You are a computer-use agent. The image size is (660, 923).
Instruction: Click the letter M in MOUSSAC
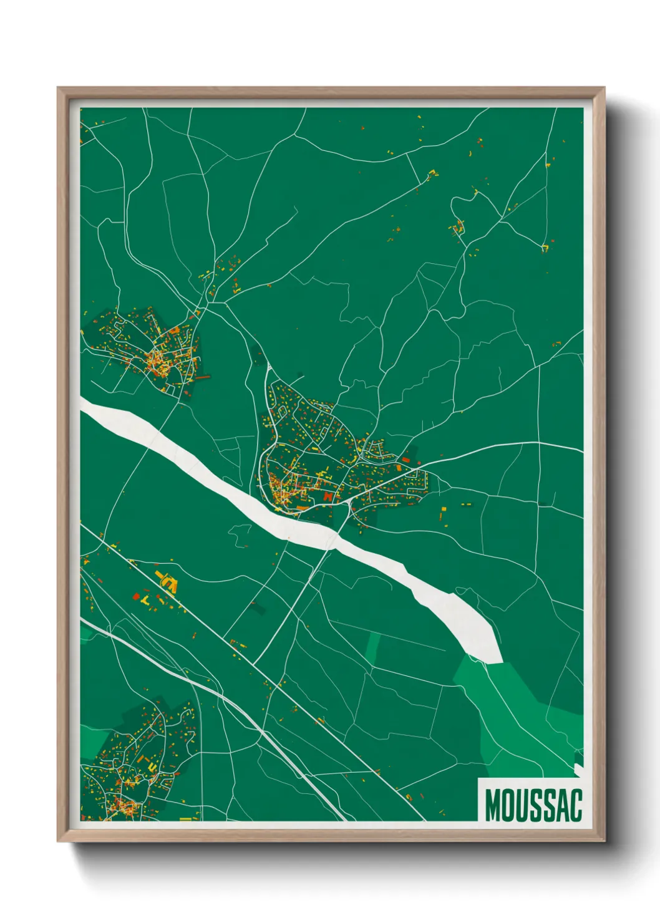point(492,805)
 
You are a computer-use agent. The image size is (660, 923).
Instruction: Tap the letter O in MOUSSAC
point(508,805)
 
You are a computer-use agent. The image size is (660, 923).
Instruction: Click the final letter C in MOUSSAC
point(575,805)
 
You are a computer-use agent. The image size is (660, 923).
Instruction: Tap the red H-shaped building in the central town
point(328,496)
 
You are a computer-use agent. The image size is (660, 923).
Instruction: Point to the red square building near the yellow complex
point(137,596)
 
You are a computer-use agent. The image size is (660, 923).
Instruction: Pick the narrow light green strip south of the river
point(372,649)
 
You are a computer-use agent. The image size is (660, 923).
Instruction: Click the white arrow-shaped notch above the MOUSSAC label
point(579,768)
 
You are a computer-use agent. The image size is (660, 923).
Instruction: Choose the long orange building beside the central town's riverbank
point(303,508)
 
